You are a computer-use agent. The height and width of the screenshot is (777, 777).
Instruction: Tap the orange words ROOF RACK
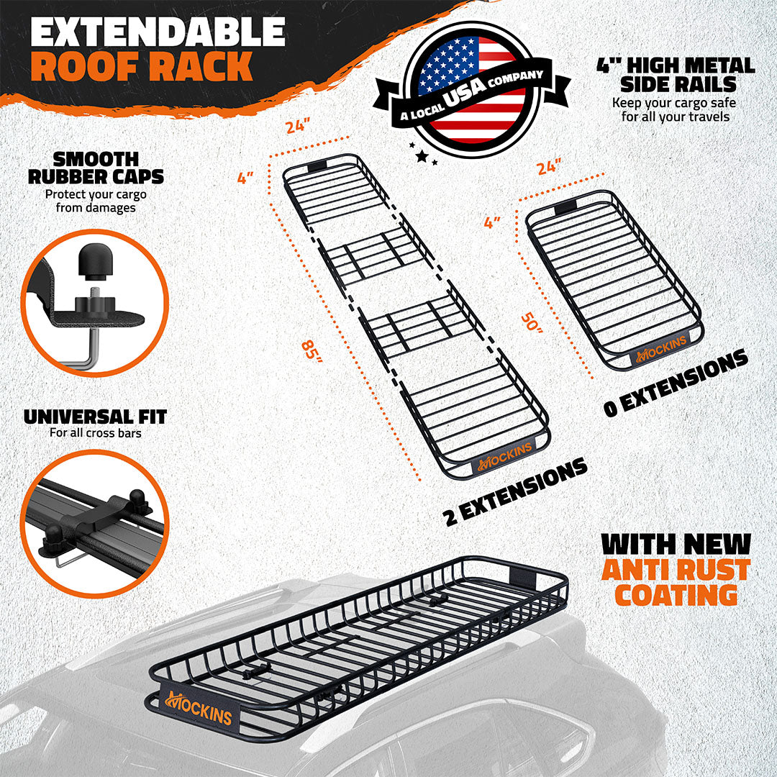(x=142, y=68)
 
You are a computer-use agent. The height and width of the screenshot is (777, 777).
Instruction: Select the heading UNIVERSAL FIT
(x=95, y=417)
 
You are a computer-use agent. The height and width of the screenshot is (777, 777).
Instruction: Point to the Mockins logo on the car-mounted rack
(x=200, y=706)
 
